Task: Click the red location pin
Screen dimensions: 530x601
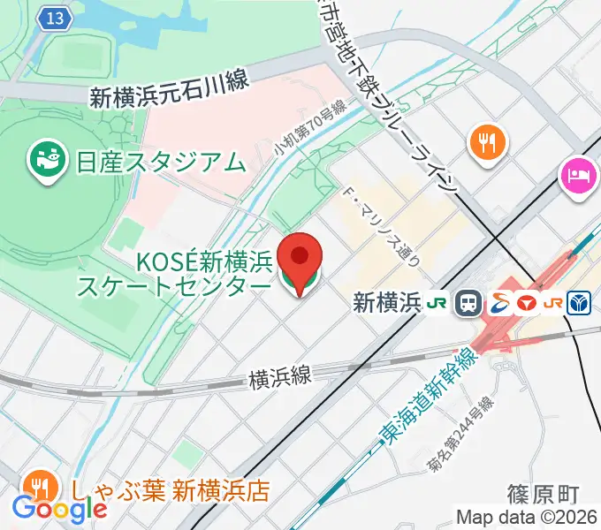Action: tap(300, 258)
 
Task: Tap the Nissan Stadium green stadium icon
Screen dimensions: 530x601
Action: tap(44, 160)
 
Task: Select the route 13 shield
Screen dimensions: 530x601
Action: tap(55, 19)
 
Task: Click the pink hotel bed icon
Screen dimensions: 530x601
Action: tap(578, 173)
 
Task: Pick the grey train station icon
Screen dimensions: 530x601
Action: tap(467, 304)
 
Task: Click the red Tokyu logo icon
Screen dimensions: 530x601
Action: tap(525, 303)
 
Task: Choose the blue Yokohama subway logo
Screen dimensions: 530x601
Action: tap(580, 303)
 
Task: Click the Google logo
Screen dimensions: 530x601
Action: tap(59, 508)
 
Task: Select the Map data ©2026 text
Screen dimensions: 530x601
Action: tap(527, 518)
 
